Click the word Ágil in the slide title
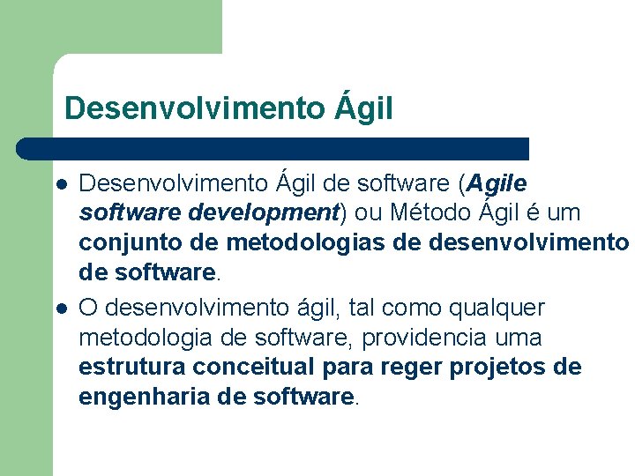point(363,108)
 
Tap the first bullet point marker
point(62,185)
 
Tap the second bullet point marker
point(62,309)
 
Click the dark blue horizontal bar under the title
point(273,148)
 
